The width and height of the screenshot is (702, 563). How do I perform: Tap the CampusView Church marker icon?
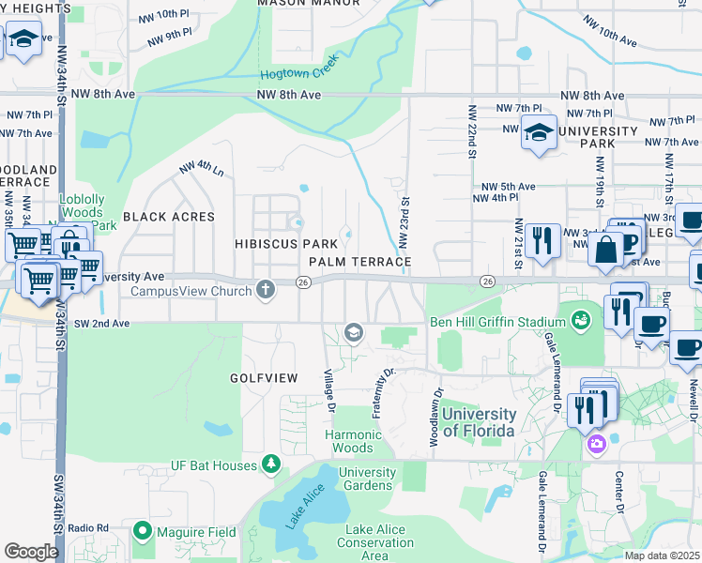[266, 290]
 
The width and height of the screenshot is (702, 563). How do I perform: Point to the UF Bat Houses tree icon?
[271, 464]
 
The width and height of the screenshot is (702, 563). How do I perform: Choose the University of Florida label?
[479, 422]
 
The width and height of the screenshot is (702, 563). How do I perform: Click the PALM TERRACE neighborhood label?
[360, 261]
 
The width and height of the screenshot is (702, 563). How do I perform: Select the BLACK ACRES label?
[169, 217]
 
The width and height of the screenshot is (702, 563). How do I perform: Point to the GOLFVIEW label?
[264, 378]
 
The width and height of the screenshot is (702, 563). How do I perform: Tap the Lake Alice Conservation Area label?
[375, 542]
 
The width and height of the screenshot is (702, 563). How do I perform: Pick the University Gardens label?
[366, 479]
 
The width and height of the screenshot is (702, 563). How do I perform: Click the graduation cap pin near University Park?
[539, 133]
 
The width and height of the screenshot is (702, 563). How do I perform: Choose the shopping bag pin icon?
[606, 249]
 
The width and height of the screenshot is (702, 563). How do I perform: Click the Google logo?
[31, 552]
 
